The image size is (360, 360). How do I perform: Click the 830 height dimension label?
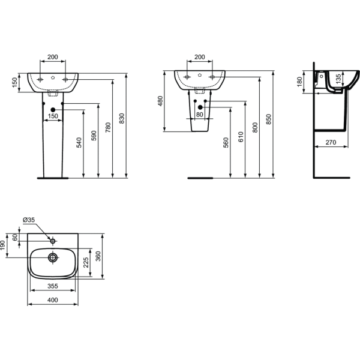coord(122,118)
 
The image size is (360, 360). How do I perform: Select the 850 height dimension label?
coord(269,119)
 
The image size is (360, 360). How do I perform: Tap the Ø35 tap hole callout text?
coord(29,220)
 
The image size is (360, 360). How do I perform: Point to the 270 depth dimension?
coord(331,142)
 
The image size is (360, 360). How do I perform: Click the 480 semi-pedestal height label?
coord(160,101)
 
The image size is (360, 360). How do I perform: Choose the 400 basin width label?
coord(53,300)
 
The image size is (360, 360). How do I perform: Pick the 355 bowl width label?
coord(53,286)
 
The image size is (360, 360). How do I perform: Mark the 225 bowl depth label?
coord(86,262)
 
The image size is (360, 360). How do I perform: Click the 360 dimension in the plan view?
coord(98,256)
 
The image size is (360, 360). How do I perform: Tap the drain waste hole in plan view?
coord(53,257)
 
